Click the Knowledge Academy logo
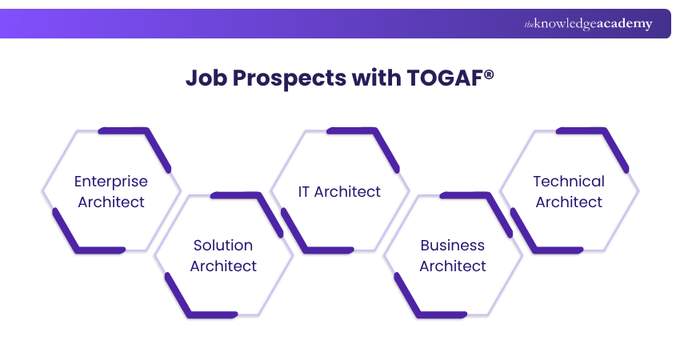[588, 24]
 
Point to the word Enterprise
[111, 182]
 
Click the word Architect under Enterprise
[111, 202]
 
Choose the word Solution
[223, 246]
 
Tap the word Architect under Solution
[223, 266]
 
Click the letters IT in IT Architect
[304, 192]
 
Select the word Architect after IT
[348, 192]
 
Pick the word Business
[453, 246]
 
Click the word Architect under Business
[453, 266]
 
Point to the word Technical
[569, 182]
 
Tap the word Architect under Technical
[569, 202]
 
